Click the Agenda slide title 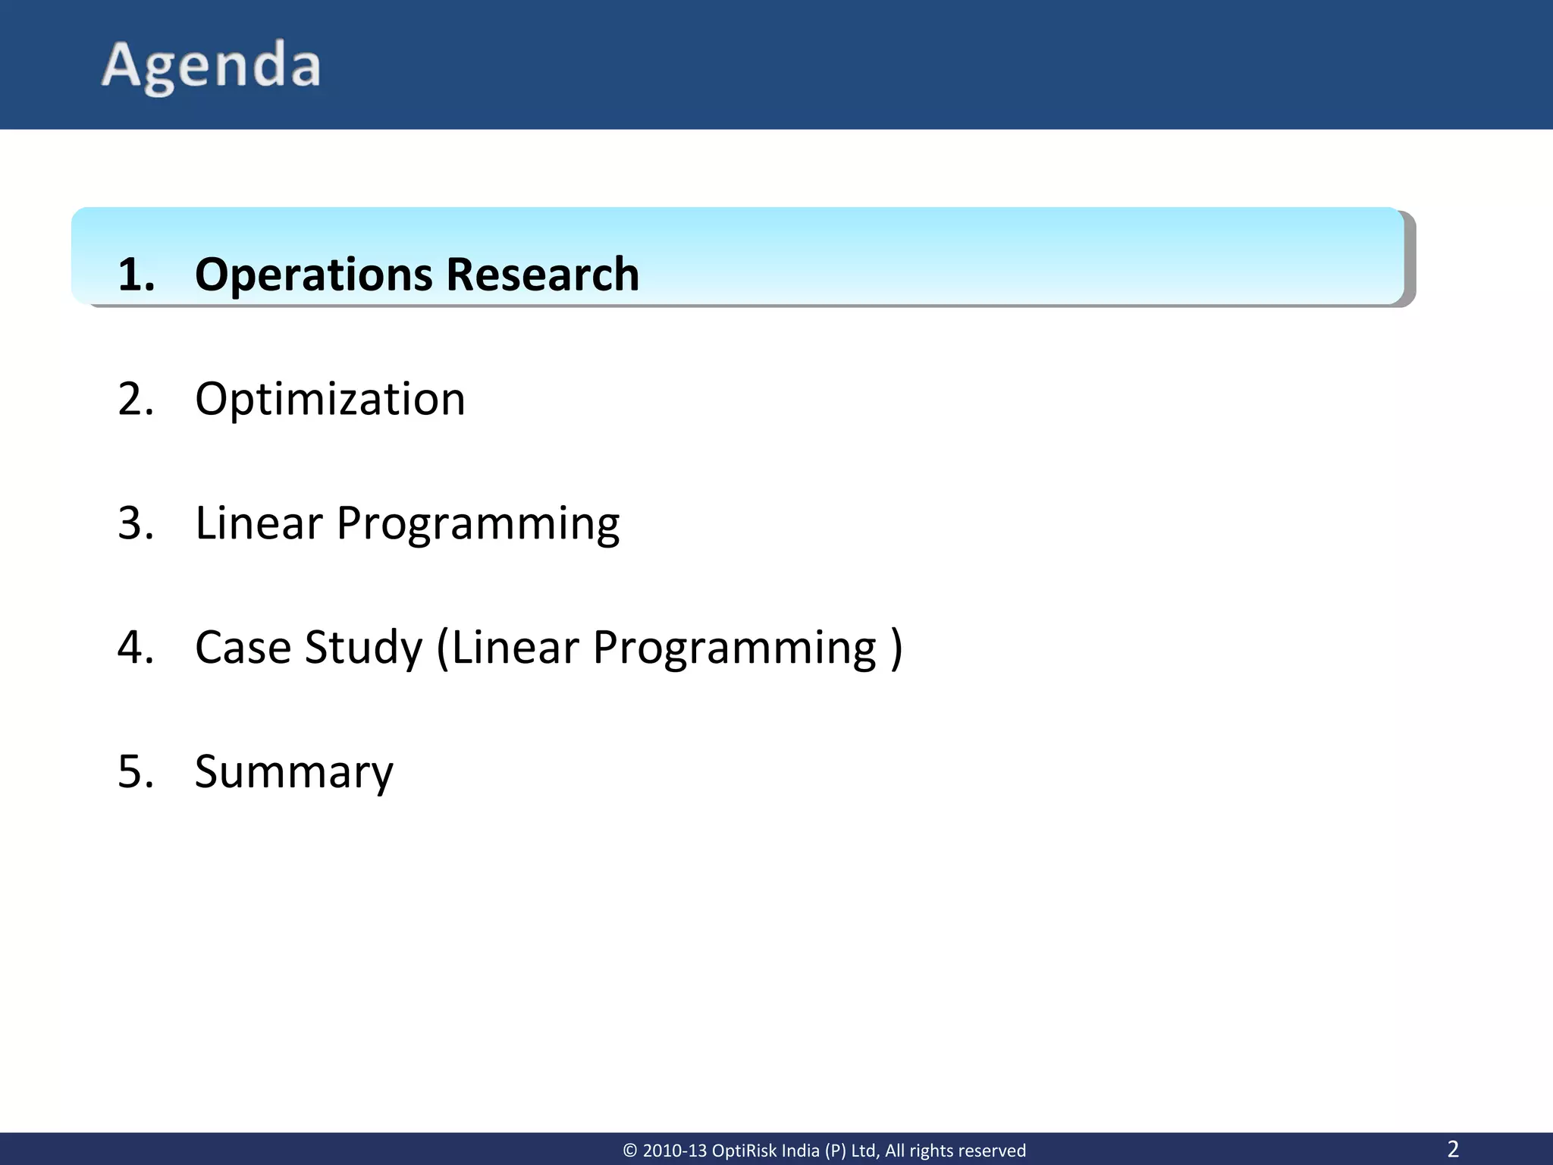211,66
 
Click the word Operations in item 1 313,275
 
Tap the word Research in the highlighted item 542,275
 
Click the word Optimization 330,400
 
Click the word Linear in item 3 259,523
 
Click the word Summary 294,773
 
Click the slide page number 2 1453,1148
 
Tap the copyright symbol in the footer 630,1151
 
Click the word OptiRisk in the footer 745,1151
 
